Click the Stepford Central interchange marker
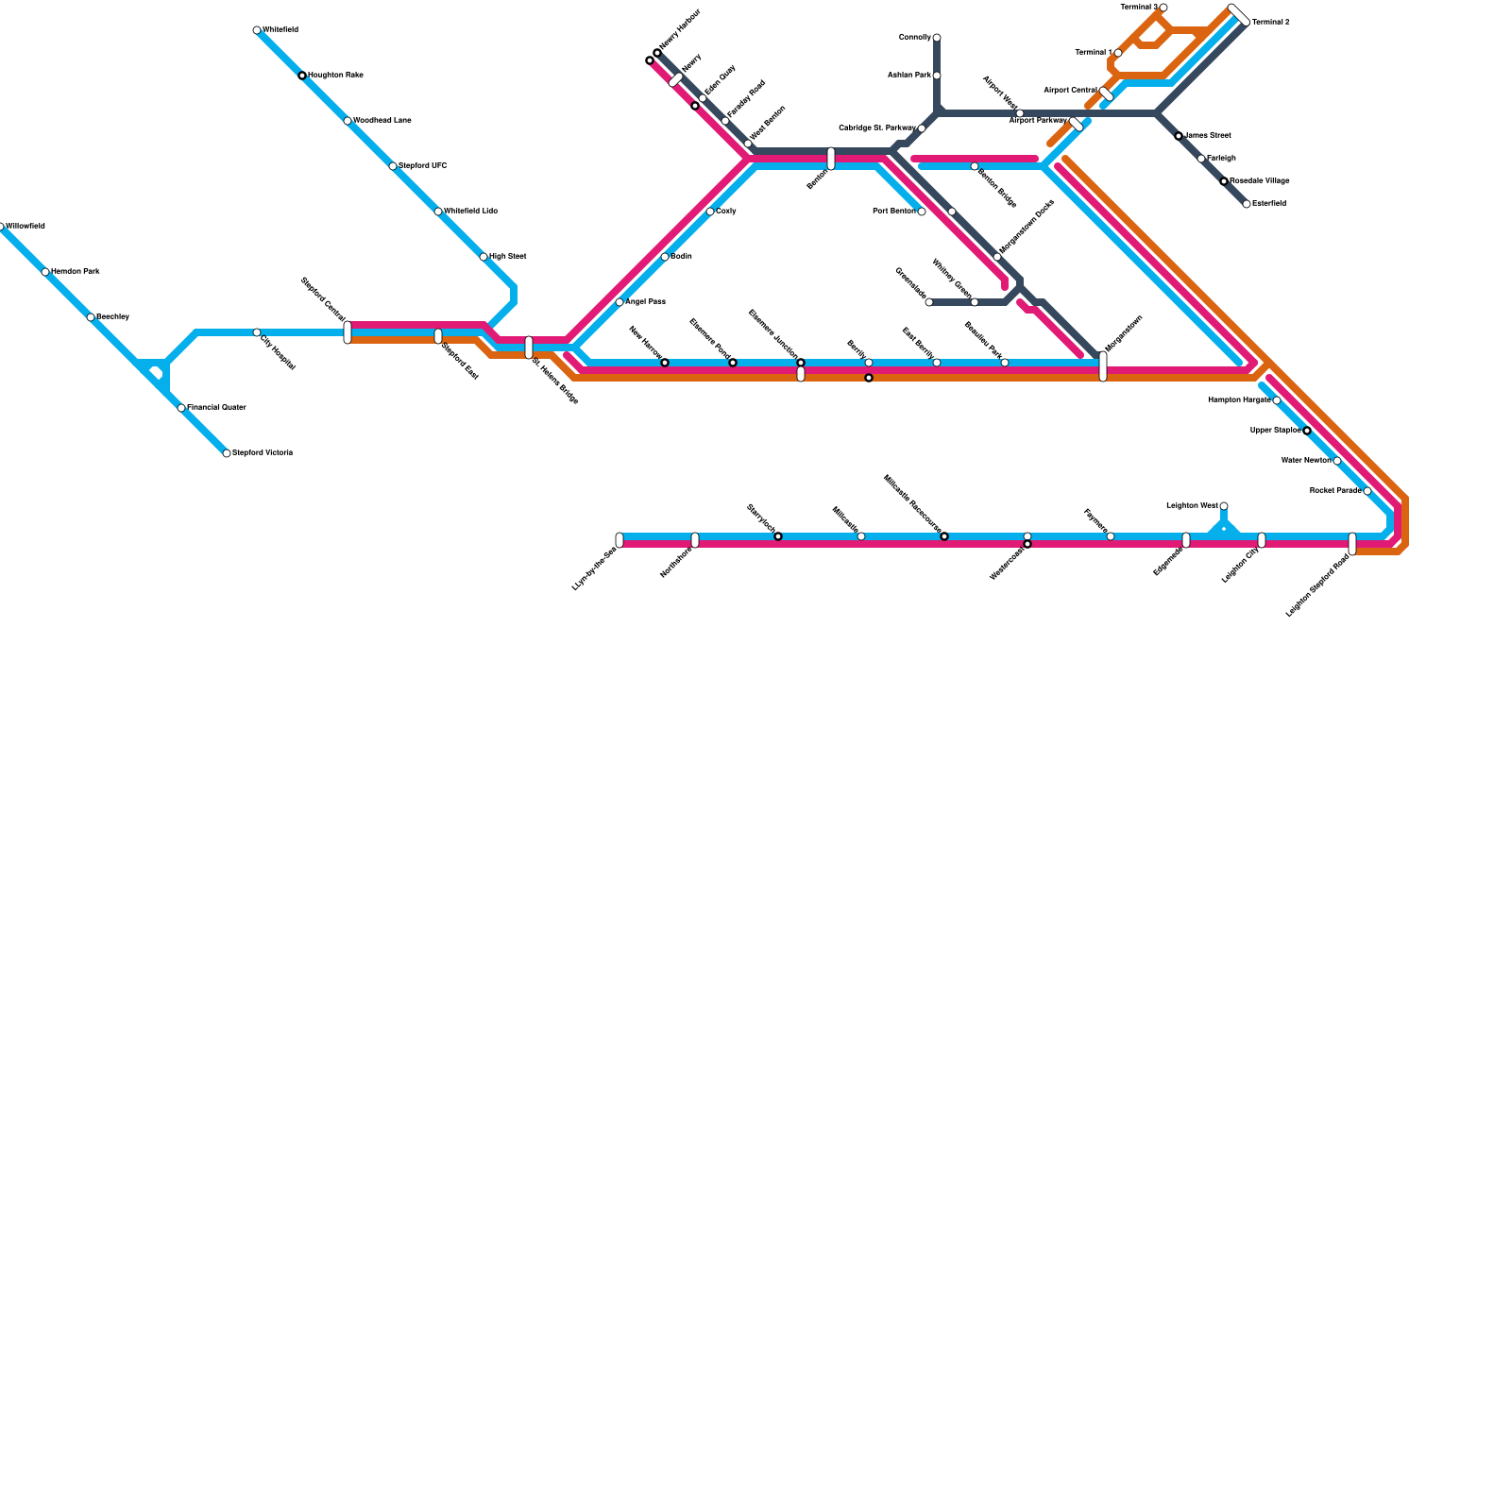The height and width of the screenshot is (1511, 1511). pos(348,332)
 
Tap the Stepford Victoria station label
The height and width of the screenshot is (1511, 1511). pos(263,453)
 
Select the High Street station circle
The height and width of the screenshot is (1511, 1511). pos(484,257)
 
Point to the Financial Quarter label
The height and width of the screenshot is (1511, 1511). pos(216,408)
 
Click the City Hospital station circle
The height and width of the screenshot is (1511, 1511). pos(257,332)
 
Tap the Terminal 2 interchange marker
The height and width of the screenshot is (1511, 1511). pos(1239,15)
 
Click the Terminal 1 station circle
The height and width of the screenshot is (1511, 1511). pos(1118,53)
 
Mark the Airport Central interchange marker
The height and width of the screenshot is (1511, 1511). pos(1107,93)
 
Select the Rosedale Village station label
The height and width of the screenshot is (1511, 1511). pos(1260,180)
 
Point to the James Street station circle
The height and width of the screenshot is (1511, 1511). pos(1179,136)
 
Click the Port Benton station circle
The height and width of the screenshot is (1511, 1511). pos(922,212)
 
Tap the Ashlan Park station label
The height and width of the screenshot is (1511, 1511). pos(909,75)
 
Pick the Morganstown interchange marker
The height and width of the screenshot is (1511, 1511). pos(1103,366)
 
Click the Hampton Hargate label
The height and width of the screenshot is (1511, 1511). pos(1239,400)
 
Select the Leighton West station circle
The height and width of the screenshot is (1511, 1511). pos(1224,506)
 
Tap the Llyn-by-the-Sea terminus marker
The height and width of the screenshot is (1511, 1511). pos(620,540)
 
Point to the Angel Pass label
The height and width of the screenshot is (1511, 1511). pos(645,302)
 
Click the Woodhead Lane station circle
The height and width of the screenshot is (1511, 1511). pos(348,121)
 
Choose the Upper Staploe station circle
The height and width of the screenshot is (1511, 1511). pos(1307,431)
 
